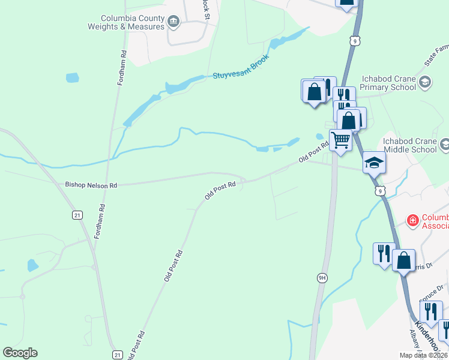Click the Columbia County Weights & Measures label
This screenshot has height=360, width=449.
126,22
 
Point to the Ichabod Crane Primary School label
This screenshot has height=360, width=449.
388,83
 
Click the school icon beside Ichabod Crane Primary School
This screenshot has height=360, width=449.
425,82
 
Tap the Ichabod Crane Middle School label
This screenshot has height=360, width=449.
409,145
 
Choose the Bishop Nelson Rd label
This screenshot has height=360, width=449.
91,185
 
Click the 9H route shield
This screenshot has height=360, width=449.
322,277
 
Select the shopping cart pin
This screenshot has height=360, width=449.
340,141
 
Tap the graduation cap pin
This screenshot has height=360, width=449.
373,162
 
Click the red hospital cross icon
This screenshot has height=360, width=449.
412,221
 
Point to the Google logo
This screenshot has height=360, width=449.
20,353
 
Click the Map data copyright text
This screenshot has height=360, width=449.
424,355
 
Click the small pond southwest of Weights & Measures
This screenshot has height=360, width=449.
72,77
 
